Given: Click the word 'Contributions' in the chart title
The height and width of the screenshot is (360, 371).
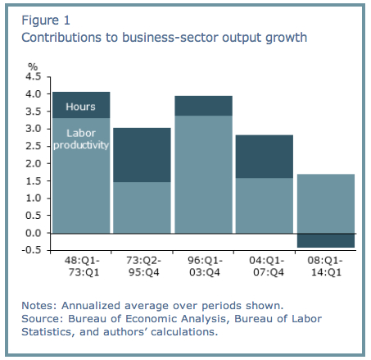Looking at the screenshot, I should pos(59,38).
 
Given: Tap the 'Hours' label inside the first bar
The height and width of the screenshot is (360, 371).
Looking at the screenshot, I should pos(80,107).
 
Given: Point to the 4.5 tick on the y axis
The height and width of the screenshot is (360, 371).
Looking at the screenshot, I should pos(34,76).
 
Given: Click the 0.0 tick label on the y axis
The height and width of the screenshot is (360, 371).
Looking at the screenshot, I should pos(34,233).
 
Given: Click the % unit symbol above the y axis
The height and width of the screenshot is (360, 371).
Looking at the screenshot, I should pos(34,66).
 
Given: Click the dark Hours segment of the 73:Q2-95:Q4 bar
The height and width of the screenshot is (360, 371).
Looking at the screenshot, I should pos(142,155).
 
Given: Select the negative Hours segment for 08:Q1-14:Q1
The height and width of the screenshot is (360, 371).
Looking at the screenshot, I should pos(325,240).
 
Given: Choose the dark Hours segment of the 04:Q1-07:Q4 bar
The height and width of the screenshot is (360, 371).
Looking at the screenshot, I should pos(264,157).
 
